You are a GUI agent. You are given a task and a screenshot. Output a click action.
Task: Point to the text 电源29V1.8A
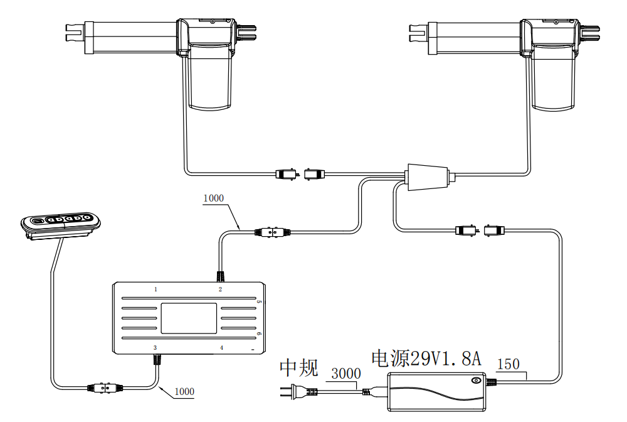pyautogui.click(x=426, y=359)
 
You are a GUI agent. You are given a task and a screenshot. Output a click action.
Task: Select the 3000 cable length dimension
pyautogui.click(x=345, y=374)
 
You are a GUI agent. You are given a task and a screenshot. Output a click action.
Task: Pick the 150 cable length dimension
pyautogui.click(x=507, y=364)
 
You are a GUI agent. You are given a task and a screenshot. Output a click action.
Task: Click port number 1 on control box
pyautogui.click(x=156, y=289)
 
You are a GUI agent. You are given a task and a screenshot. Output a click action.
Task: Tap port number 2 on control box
pyautogui.click(x=220, y=289)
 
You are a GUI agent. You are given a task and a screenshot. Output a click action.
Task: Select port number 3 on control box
pyautogui.click(x=155, y=347)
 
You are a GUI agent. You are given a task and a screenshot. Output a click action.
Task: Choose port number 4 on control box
pyautogui.click(x=221, y=347)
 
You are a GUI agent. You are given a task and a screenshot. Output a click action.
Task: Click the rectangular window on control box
pyautogui.click(x=189, y=318)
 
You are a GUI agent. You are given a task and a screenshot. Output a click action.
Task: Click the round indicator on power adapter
pyautogui.click(x=477, y=380)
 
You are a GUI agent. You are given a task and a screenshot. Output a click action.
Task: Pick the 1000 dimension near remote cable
pyautogui.click(x=184, y=391)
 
